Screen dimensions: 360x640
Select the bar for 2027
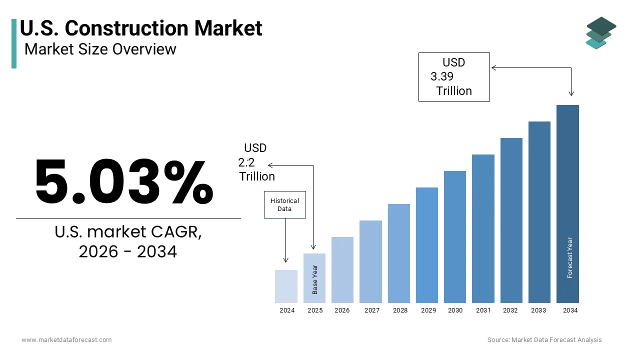click(x=370, y=261)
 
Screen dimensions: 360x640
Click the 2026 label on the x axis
click(x=342, y=310)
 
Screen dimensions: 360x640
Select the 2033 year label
click(x=538, y=310)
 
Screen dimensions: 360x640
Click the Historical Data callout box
click(x=284, y=205)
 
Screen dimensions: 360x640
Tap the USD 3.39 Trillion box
click(x=453, y=77)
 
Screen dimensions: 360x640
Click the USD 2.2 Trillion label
click(x=256, y=162)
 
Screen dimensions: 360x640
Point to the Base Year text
click(x=315, y=279)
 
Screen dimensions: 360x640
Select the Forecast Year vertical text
click(x=570, y=257)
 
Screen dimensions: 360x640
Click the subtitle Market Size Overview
click(x=100, y=49)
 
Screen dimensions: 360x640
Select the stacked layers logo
click(x=600, y=33)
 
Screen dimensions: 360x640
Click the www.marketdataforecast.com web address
click(x=66, y=340)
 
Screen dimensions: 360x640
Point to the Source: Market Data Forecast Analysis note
click(x=544, y=340)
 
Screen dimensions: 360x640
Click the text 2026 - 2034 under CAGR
click(x=128, y=251)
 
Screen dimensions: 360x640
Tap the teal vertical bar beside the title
click(x=14, y=43)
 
